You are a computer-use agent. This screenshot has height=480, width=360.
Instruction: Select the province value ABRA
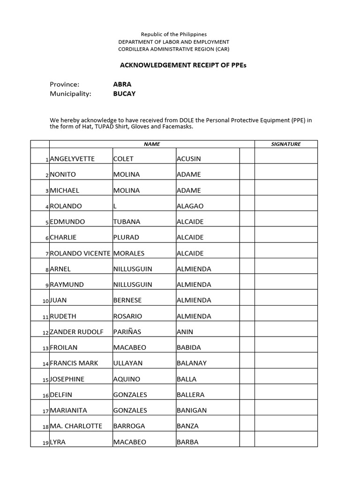[x=122, y=84]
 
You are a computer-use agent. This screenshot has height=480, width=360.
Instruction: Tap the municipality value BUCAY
[x=124, y=93]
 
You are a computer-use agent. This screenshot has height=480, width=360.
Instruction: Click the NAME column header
[x=152, y=144]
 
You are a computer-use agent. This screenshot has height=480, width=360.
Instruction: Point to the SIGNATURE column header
[x=286, y=144]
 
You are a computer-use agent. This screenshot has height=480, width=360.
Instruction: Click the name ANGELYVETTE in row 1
[x=72, y=159]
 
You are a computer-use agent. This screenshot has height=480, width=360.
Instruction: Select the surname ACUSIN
[x=188, y=159]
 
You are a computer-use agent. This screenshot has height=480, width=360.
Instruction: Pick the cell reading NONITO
[x=63, y=174]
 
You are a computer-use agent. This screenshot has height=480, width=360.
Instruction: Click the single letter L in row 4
[x=115, y=206]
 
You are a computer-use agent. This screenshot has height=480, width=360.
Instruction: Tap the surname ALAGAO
[x=190, y=206]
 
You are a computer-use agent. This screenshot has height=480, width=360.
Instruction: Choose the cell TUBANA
[x=127, y=222]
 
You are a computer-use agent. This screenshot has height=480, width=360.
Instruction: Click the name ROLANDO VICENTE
[x=80, y=254]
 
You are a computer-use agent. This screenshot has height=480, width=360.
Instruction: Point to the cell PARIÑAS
[x=127, y=332]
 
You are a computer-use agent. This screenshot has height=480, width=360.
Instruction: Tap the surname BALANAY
[x=192, y=363]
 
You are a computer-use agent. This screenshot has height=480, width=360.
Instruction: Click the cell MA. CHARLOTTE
[x=76, y=426]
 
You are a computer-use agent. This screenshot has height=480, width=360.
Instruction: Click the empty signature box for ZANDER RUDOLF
[x=286, y=331]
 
